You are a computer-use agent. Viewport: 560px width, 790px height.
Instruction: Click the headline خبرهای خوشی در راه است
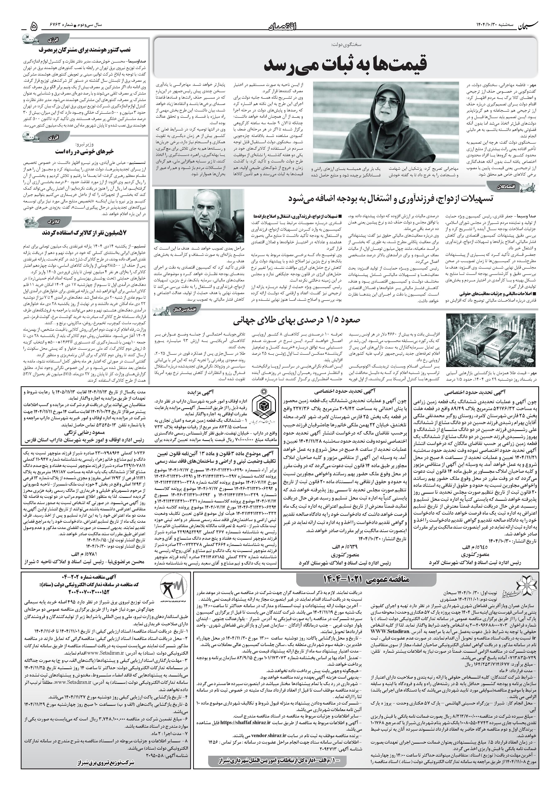(x=85, y=151)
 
